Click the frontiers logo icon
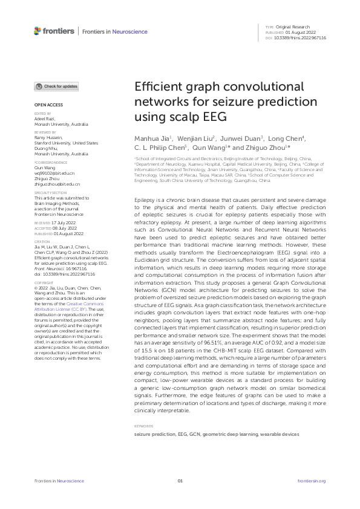38,31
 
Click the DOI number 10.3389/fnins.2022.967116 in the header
301,37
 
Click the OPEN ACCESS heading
46,105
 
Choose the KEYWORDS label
143,426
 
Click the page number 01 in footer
180,481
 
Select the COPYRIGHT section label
44,282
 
